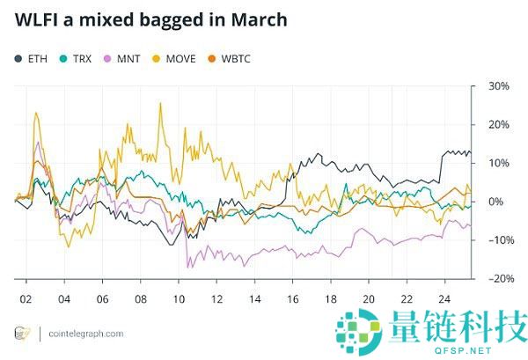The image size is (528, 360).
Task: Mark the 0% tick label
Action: click(x=496, y=202)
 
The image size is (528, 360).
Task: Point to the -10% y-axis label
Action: click(x=498, y=240)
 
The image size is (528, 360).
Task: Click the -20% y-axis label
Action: click(x=498, y=278)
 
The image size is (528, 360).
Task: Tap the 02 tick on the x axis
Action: click(x=26, y=298)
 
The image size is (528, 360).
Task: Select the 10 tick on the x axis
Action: click(x=179, y=298)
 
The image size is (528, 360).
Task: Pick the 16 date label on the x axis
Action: click(x=293, y=298)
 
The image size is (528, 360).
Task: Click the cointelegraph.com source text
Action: click(x=85, y=334)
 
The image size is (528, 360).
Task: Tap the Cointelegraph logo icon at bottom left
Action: click(x=22, y=334)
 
